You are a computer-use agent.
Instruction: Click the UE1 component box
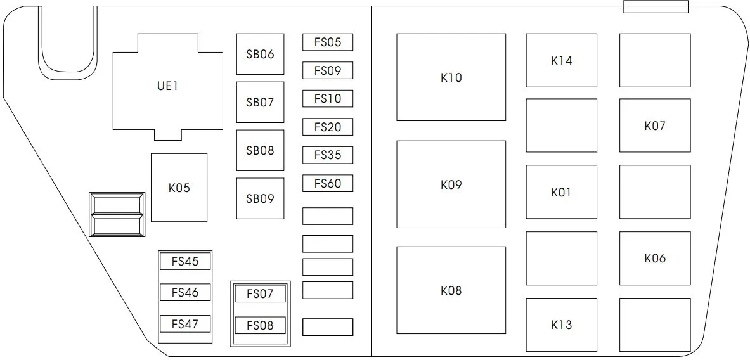click(x=168, y=87)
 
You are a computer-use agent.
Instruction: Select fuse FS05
click(x=328, y=42)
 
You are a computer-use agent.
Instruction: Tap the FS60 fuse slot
click(x=328, y=183)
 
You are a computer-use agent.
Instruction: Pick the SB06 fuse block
click(x=260, y=54)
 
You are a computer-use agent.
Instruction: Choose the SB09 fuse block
click(x=260, y=198)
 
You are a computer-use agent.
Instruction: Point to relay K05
click(x=179, y=188)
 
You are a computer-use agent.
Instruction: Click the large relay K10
click(x=451, y=77)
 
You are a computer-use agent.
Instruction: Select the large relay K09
click(x=451, y=184)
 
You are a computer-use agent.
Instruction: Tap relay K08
click(x=451, y=290)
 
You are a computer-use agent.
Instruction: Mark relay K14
click(x=562, y=60)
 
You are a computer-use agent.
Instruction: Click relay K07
click(x=655, y=125)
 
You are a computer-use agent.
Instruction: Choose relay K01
click(x=562, y=191)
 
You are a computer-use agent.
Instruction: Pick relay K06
click(x=655, y=258)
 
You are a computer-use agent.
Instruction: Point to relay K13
click(x=562, y=325)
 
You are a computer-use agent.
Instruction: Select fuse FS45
click(x=185, y=262)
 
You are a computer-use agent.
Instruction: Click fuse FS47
click(x=185, y=324)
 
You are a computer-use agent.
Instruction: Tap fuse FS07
click(x=260, y=293)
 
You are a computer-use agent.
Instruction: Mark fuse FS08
click(x=260, y=325)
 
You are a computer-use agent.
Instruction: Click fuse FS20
click(x=328, y=127)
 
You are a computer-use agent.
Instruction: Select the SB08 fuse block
click(x=260, y=150)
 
